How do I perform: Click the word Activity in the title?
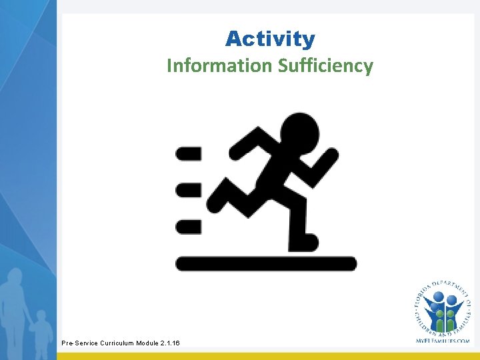(269, 39)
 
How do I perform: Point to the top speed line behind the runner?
(188, 154)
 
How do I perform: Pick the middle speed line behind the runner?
(188, 190)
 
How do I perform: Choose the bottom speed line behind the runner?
(188, 227)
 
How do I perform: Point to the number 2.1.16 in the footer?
(169, 343)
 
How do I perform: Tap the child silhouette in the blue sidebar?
(41, 330)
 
